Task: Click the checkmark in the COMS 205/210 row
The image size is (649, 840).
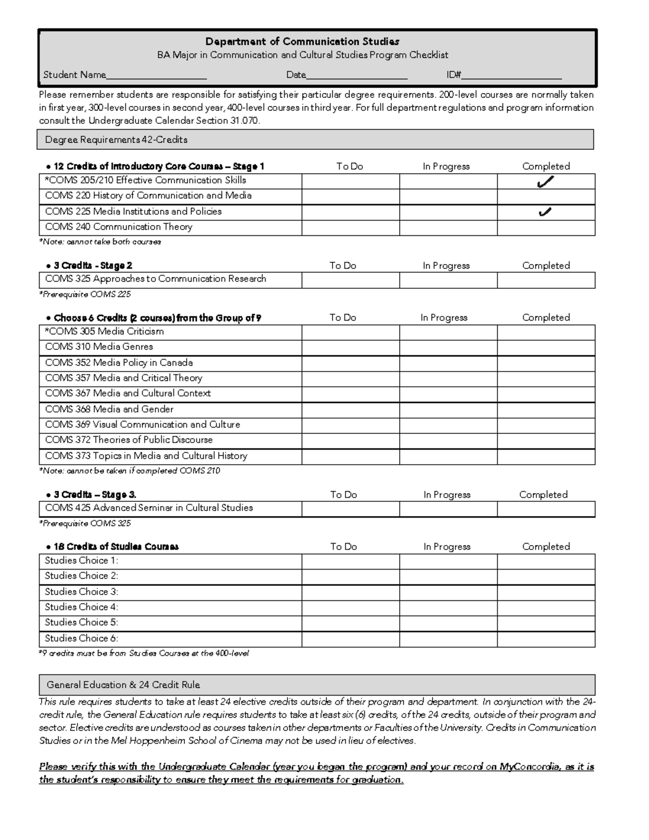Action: pos(545,183)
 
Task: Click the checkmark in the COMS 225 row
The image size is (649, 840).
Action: pos(545,213)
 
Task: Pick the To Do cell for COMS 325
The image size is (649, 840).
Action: pos(350,280)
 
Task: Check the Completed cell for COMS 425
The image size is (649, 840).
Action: pos(546,509)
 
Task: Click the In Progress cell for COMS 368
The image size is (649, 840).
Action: pos(448,409)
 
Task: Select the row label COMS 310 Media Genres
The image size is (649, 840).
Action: pos(99,347)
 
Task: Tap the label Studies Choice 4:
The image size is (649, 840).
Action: pos(82,607)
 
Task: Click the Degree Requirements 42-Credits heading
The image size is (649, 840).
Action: pos(116,140)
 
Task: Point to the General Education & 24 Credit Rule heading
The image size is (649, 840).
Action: pos(123,685)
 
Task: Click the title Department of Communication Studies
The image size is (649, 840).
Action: pos(302,42)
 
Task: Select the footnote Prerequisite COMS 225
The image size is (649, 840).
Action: pos(85,295)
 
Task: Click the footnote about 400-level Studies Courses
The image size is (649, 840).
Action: pos(144,653)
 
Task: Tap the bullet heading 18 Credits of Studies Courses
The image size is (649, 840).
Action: pos(115,547)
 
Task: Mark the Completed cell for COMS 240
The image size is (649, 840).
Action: pos(546,228)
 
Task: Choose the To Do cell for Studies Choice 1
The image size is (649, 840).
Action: pos(350,561)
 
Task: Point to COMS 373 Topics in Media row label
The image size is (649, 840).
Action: pos(146,456)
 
